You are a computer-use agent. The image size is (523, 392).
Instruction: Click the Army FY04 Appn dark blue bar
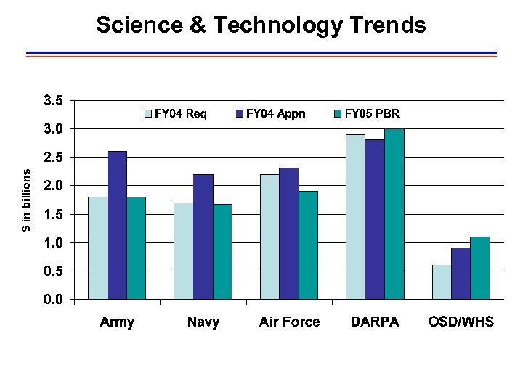point(117,225)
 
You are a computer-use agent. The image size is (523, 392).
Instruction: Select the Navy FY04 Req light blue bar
point(184,250)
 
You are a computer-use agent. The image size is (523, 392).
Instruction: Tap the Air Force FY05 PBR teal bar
point(308,245)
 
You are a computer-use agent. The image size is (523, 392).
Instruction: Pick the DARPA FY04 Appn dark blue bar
point(375,219)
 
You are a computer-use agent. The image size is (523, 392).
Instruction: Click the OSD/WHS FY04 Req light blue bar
point(441,282)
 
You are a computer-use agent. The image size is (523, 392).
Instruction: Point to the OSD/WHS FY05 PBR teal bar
point(479,268)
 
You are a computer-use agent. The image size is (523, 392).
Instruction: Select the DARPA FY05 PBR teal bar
point(394,214)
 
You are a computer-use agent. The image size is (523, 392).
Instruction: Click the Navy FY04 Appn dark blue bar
point(203,237)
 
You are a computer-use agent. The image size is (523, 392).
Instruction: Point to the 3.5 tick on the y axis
point(54,100)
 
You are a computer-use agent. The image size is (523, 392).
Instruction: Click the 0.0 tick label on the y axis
point(54,299)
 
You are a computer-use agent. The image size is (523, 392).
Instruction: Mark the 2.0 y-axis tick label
point(54,186)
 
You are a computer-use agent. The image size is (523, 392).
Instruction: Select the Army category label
point(117,322)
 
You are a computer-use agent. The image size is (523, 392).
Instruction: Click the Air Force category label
point(289,322)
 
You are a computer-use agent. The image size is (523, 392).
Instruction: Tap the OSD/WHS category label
point(461,322)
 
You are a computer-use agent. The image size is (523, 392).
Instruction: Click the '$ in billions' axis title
point(26,201)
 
